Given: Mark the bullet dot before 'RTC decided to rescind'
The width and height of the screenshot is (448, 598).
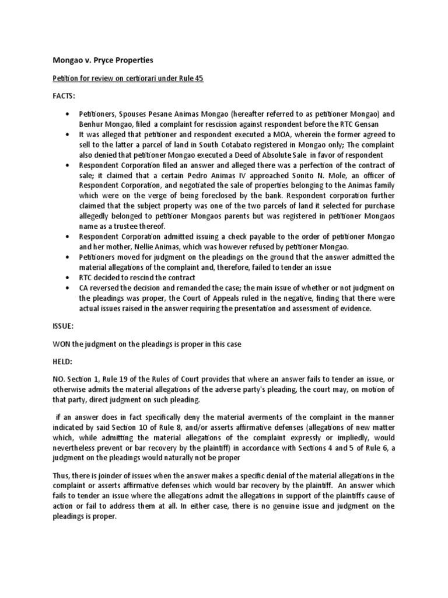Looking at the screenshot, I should [x=68, y=278].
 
